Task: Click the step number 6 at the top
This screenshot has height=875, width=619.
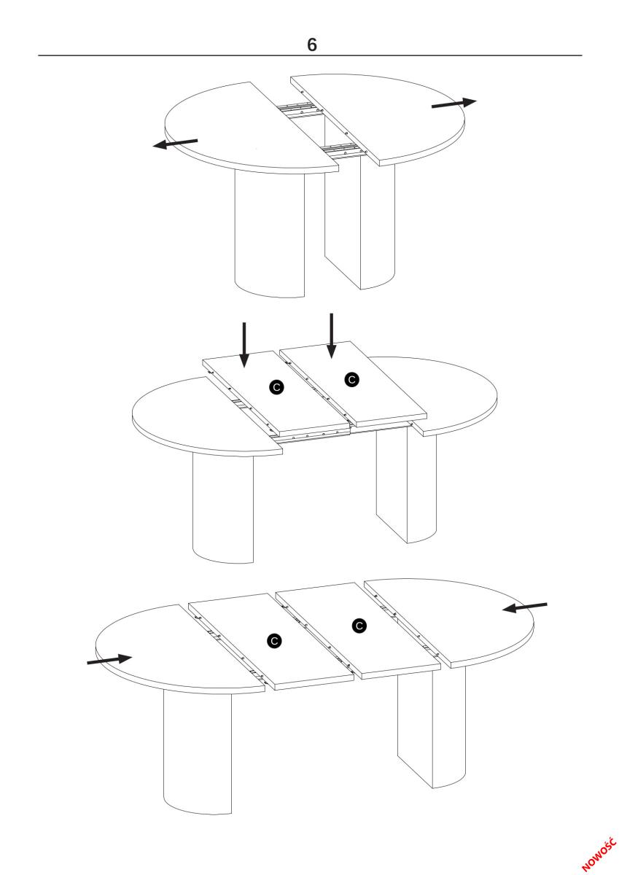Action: click(x=311, y=45)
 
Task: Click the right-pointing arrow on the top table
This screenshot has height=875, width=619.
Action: click(x=453, y=103)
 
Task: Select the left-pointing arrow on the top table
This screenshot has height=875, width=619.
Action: click(x=175, y=144)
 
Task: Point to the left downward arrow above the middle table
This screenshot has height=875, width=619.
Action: click(x=244, y=345)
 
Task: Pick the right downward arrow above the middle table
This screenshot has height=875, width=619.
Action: click(x=331, y=336)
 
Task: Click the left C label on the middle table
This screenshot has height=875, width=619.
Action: click(x=276, y=387)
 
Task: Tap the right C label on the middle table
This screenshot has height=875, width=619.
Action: click(x=352, y=379)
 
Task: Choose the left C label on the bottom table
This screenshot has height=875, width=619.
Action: click(x=274, y=641)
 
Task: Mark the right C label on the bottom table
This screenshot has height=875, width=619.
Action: click(x=359, y=626)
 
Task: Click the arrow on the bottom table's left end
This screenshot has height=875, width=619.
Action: click(x=109, y=659)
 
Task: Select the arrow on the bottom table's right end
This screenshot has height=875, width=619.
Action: click(x=524, y=607)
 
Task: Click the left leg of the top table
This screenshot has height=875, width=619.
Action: click(x=270, y=233)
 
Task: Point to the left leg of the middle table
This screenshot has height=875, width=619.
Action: click(x=222, y=507)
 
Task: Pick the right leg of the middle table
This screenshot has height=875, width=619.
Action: click(x=406, y=484)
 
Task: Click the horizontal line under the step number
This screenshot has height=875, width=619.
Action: click(x=310, y=55)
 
